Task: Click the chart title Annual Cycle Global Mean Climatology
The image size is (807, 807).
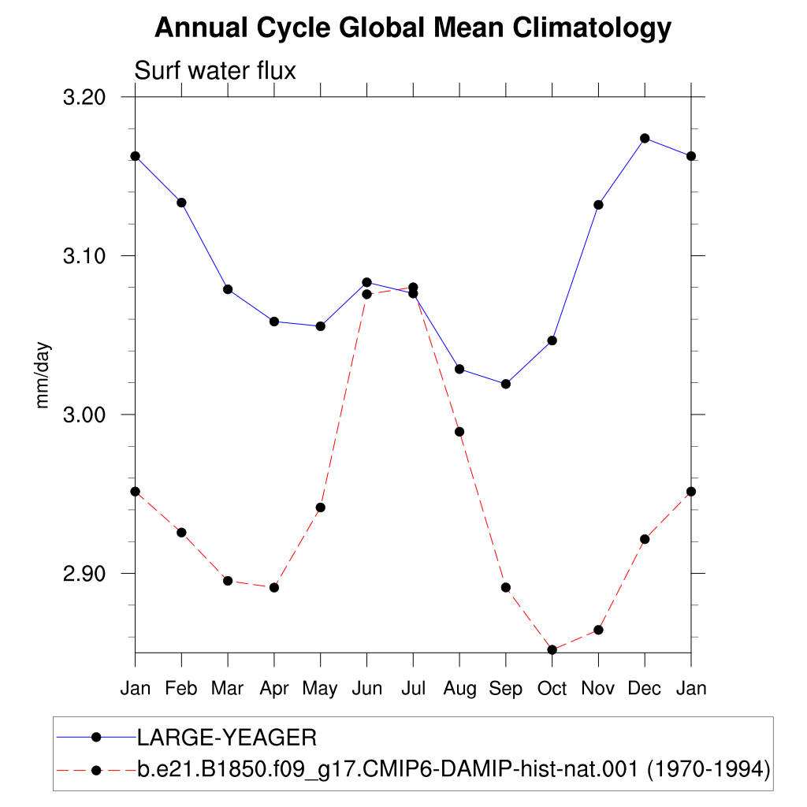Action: [x=413, y=28]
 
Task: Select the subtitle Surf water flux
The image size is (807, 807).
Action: [x=215, y=70]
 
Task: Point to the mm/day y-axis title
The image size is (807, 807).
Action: [x=43, y=375]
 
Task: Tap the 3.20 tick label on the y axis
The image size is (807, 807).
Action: [x=84, y=97]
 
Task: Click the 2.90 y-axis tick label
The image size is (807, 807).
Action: [x=84, y=574]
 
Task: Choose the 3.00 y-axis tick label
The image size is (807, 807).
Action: [x=84, y=415]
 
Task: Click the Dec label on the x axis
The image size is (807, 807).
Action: [x=645, y=688]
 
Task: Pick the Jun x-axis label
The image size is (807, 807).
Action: [x=367, y=688]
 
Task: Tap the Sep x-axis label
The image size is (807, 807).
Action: [x=505, y=689]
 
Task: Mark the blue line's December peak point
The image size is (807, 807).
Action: [x=645, y=139]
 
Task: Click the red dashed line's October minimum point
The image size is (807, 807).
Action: [x=552, y=650]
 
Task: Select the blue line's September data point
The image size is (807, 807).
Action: [x=506, y=384]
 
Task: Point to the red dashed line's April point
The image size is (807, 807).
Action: [x=274, y=588]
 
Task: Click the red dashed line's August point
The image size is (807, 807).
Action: [x=459, y=432]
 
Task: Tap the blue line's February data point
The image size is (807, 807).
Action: [x=182, y=203]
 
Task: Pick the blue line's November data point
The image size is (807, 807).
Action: [x=599, y=206]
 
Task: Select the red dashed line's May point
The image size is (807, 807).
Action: [x=321, y=508]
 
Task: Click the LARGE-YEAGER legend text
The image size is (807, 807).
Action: [x=227, y=738]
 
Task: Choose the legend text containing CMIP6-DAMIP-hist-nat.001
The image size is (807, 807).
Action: [x=454, y=770]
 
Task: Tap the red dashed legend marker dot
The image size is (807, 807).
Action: [x=96, y=771]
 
